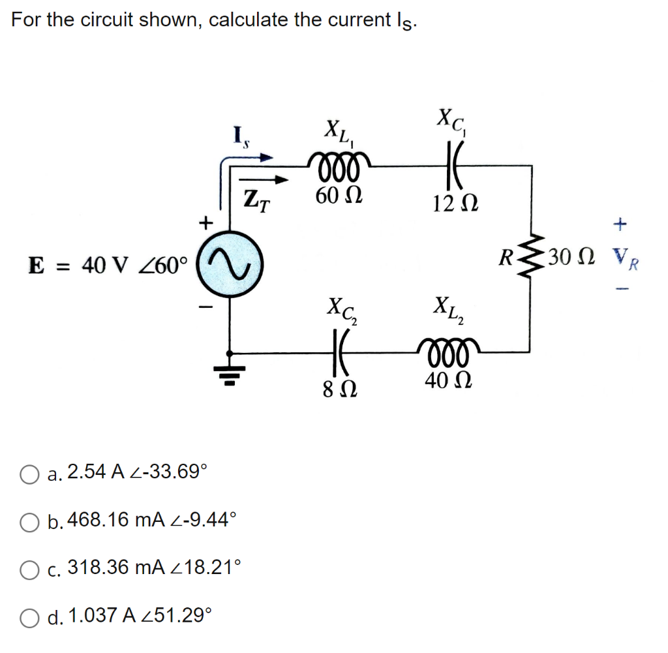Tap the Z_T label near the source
point(256,196)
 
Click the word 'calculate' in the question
point(248,20)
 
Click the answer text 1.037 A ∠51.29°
point(140,615)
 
